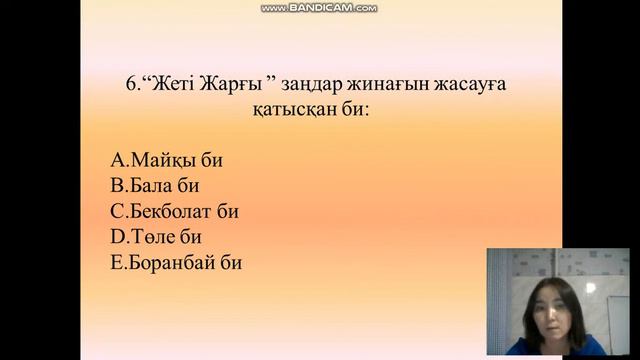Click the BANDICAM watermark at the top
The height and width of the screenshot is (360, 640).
320,8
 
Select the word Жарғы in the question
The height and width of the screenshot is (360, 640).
234,86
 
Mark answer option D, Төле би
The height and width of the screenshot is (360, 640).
158,238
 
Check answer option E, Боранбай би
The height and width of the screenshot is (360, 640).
176,264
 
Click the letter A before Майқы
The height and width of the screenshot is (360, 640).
117,160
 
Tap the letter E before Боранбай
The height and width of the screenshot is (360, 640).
116,264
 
